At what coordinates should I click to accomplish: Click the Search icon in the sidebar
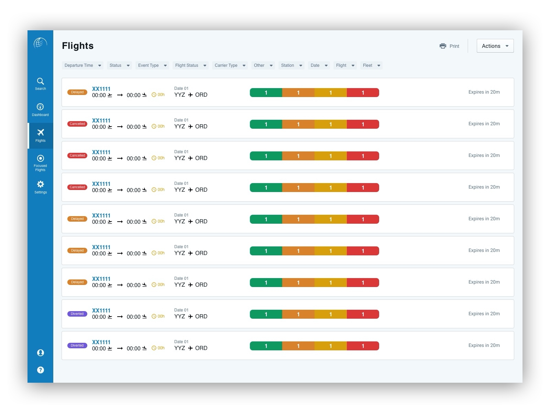41,82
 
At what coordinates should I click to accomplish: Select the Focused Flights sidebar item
40,162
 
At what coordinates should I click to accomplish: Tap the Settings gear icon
41,184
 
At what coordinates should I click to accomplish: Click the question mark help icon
41,370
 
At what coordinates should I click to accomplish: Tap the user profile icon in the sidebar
41,353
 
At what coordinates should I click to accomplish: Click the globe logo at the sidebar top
40,43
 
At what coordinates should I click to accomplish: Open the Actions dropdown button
495,46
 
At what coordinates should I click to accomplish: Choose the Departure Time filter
82,65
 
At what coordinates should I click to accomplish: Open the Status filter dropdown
119,65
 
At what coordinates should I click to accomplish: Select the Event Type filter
152,65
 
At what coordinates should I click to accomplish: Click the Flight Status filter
190,65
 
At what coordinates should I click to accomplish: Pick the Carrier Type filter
230,65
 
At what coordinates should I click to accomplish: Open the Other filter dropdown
263,65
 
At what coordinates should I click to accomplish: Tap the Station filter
291,65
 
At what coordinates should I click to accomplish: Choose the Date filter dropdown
319,65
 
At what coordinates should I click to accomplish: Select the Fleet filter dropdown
371,65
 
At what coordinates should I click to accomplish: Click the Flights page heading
78,46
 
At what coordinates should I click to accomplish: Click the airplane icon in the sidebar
41,133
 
